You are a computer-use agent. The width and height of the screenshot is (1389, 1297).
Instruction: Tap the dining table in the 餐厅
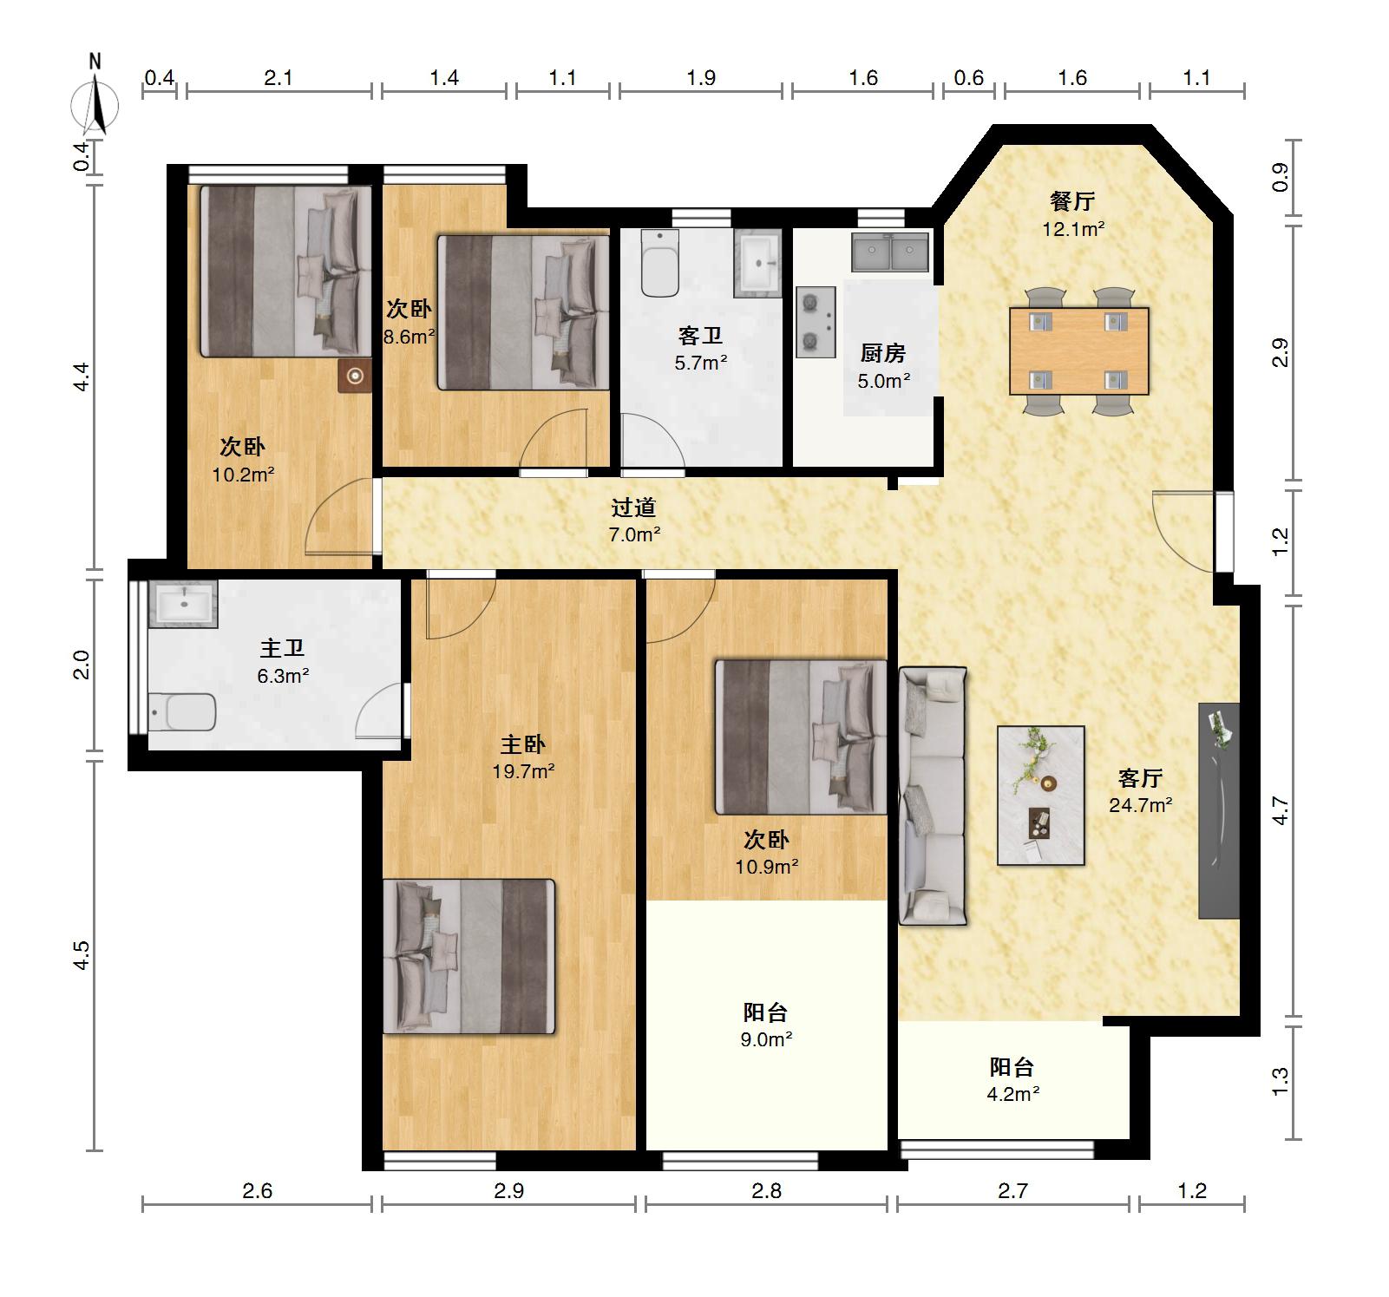1079,350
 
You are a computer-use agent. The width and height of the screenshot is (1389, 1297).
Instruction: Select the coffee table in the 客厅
1041,795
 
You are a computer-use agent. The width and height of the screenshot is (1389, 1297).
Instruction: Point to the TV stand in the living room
1219,810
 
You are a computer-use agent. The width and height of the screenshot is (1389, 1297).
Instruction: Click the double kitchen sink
890,252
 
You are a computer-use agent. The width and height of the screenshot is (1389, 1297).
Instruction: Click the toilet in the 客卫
659,263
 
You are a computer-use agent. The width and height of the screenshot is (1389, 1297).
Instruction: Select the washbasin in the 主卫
182,603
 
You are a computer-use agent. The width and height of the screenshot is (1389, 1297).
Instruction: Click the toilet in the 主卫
181,712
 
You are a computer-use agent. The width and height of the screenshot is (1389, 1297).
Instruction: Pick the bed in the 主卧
468,956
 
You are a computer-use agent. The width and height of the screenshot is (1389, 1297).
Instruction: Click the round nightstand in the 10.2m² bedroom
355,376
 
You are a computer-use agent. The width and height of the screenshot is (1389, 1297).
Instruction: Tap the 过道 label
633,508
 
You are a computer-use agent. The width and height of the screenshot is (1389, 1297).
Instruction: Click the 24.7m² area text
1141,805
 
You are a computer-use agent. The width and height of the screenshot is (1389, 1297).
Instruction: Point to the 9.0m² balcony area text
766,1039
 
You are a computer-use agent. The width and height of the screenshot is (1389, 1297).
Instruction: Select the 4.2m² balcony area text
1012,1094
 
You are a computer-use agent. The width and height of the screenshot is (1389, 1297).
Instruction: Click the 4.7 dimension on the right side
1281,810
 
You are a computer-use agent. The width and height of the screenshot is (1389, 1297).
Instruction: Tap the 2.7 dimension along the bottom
1012,1190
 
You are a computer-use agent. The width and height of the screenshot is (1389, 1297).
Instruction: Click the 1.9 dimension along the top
701,78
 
